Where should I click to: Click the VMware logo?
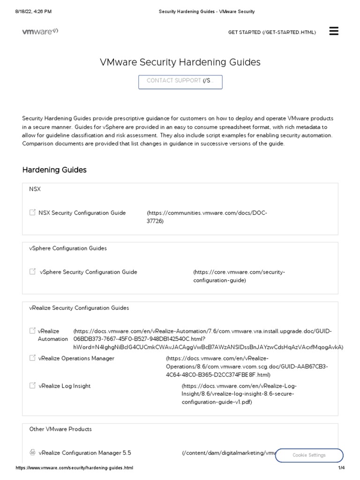tap(40, 31)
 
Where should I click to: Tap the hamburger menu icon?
tap(334, 31)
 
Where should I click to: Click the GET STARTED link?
tap(272, 32)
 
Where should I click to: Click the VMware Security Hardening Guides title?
tap(180, 62)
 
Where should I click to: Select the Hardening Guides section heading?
tap(54, 170)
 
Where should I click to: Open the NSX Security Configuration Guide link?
tap(82, 213)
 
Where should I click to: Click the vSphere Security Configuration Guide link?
tap(88, 272)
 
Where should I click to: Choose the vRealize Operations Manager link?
tap(76, 358)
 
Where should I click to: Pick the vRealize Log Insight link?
tap(64, 386)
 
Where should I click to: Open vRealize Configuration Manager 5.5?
tap(85, 453)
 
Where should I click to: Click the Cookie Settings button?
tap(309, 455)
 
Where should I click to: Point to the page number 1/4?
tap(341, 468)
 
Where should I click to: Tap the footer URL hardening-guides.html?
tap(75, 468)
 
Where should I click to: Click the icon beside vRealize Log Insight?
tap(32, 385)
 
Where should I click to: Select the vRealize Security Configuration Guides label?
tap(79, 308)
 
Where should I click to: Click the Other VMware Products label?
tap(60, 429)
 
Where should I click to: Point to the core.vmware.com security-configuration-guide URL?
tap(239, 276)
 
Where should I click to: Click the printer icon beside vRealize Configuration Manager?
tap(32, 453)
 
